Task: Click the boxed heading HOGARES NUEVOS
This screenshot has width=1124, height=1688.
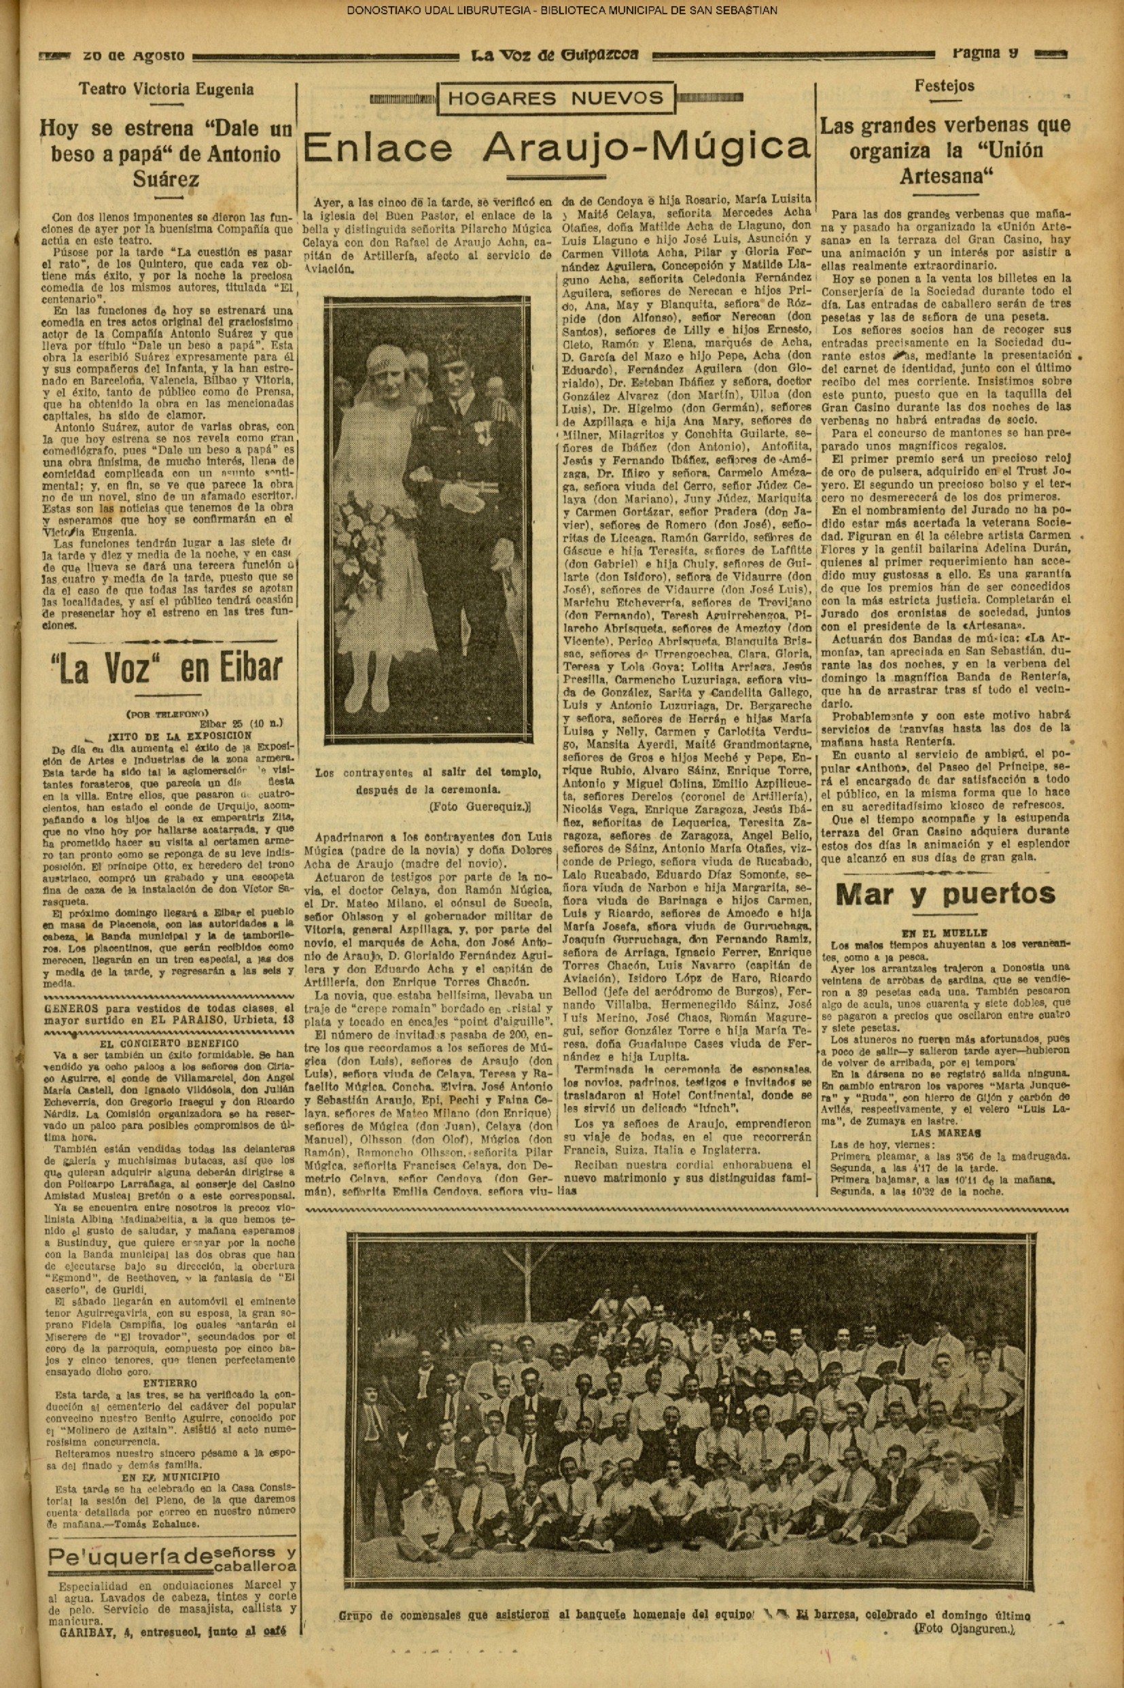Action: [556, 99]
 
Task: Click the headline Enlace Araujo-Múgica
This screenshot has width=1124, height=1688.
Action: [557, 148]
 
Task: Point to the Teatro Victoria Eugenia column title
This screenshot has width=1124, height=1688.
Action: [166, 90]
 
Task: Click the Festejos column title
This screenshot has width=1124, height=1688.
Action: [945, 86]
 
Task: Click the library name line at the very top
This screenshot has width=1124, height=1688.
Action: [562, 11]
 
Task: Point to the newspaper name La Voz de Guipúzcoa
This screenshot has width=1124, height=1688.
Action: [555, 55]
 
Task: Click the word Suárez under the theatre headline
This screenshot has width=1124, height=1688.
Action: [166, 179]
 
